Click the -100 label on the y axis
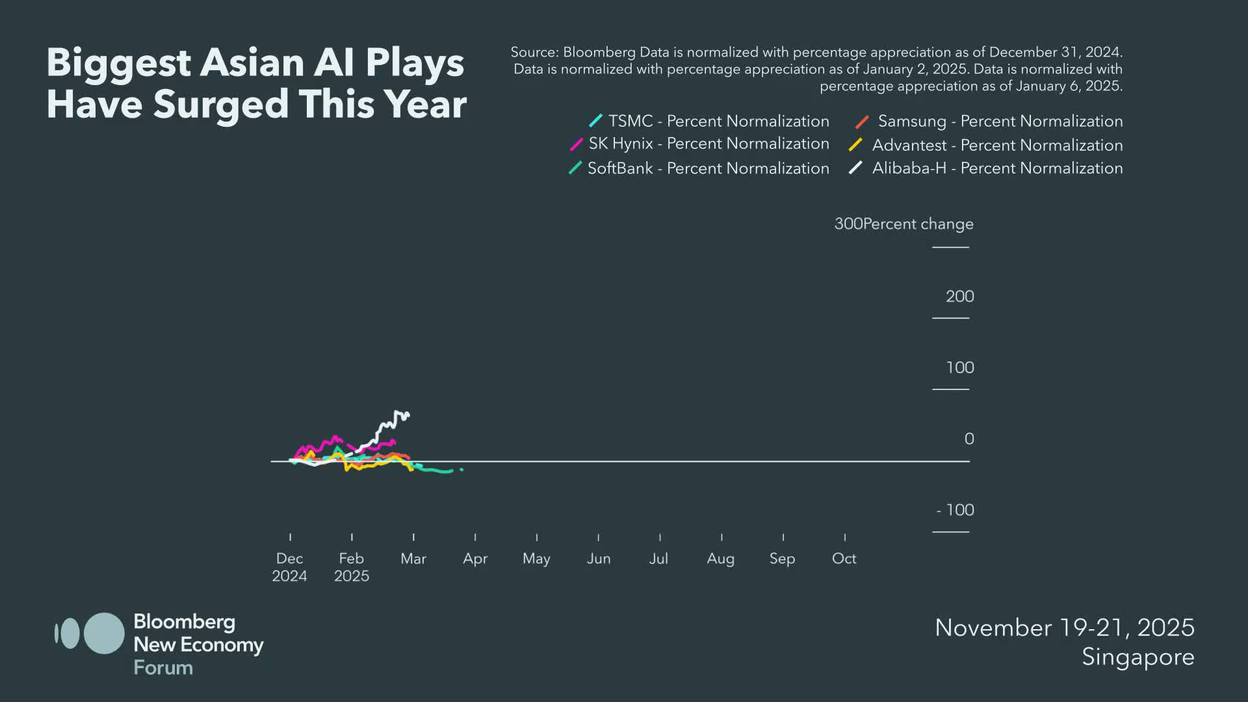click(955, 510)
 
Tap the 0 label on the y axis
click(968, 439)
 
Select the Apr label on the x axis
click(475, 559)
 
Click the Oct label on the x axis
click(844, 559)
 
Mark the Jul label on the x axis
click(658, 559)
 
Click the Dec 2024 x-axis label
click(289, 567)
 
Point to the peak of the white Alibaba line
click(397, 412)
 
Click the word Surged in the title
click(220, 105)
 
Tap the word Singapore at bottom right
click(1137, 657)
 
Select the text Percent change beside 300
click(918, 224)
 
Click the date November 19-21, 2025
click(1064, 628)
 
